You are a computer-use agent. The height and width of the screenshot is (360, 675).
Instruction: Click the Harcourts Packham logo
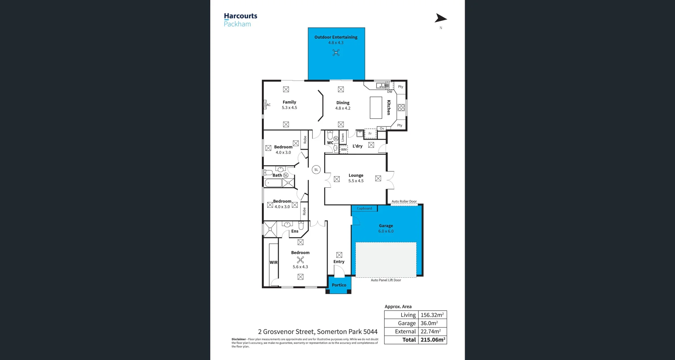(x=240, y=20)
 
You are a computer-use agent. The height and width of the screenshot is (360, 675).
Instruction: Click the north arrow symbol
(x=441, y=18)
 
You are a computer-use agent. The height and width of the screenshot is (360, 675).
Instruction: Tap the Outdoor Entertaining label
(x=336, y=37)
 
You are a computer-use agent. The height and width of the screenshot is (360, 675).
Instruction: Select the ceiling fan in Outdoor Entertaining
(x=336, y=53)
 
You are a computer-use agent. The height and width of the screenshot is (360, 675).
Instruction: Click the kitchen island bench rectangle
(x=376, y=108)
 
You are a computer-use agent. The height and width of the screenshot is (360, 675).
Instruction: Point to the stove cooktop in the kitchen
(x=401, y=108)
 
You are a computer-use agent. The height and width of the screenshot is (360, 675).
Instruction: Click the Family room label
(x=289, y=102)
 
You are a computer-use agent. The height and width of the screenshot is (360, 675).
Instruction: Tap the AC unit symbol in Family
(x=265, y=104)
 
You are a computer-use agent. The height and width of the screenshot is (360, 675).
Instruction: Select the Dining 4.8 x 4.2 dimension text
(x=343, y=108)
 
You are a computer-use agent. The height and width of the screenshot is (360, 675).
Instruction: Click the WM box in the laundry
(x=344, y=149)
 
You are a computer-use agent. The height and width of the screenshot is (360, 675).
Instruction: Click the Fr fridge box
(x=370, y=134)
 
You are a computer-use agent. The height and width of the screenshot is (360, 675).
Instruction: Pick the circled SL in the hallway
(x=316, y=170)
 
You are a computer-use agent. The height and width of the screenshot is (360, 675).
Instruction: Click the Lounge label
(x=356, y=175)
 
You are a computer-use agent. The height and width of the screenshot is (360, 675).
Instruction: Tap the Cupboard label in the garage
(x=364, y=208)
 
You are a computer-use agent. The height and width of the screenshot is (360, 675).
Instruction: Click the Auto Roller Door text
(x=404, y=201)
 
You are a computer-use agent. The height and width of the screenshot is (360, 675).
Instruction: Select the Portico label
(x=339, y=285)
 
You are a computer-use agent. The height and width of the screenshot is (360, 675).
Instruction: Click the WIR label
(x=274, y=262)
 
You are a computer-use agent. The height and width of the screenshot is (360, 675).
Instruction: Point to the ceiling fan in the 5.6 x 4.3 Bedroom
(x=300, y=260)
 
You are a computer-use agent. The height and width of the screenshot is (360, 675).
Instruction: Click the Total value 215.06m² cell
(x=433, y=340)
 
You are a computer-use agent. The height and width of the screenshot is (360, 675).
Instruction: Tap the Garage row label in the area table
(x=407, y=323)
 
